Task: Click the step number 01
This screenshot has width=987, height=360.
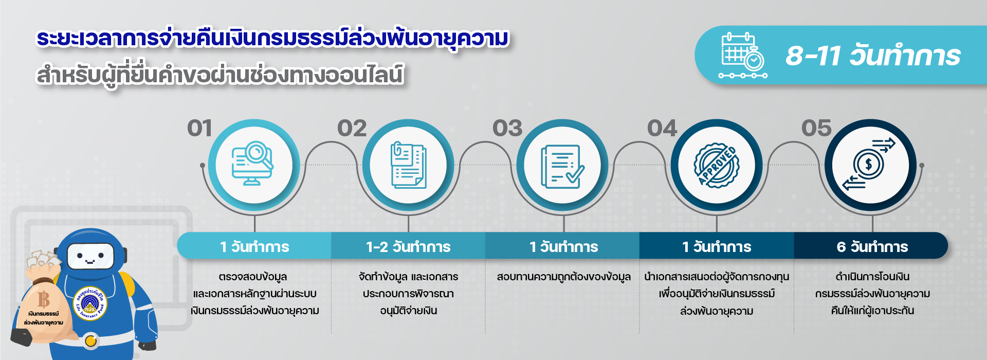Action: (x=199, y=129)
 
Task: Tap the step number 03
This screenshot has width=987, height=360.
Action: (x=507, y=129)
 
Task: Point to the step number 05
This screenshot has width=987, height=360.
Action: (x=816, y=129)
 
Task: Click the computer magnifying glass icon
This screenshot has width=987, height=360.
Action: (x=252, y=164)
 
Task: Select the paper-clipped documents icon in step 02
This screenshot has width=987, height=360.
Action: (x=408, y=165)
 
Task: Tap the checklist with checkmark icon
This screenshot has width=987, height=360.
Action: (x=562, y=166)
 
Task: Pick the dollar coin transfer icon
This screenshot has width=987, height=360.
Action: (x=869, y=165)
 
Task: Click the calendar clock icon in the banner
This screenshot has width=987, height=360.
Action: (x=743, y=56)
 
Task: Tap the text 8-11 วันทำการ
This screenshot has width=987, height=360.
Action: (x=873, y=56)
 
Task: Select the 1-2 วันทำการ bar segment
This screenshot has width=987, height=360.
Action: (x=408, y=246)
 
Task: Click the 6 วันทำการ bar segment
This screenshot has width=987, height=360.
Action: (x=871, y=246)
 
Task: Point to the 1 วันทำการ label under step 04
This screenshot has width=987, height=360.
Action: (x=717, y=247)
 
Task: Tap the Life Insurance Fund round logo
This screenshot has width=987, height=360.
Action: (x=90, y=303)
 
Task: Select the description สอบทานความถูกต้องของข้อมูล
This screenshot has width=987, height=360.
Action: (x=563, y=277)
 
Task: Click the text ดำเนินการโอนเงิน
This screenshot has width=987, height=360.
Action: (x=872, y=277)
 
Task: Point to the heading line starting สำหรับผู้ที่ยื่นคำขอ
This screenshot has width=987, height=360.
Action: (x=220, y=75)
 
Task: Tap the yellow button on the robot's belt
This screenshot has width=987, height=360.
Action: (x=91, y=340)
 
